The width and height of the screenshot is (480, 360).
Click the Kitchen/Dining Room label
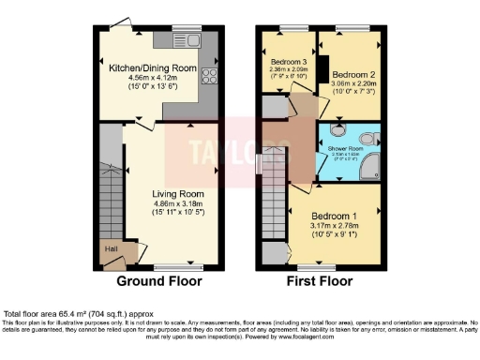coord(151,67)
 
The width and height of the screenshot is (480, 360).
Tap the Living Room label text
coord(177,194)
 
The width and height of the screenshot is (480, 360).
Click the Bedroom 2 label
coord(353,73)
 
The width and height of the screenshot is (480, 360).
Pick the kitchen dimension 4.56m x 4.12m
coord(151,78)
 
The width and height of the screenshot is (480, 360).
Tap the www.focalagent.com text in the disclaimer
coord(308,335)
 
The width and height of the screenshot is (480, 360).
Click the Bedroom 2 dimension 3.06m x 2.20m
coord(353,83)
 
